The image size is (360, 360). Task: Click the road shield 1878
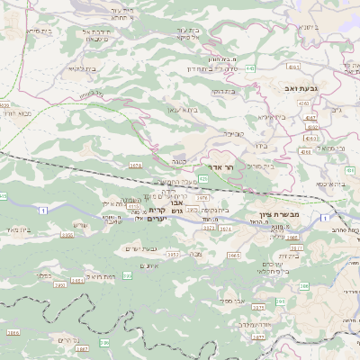point(136,166)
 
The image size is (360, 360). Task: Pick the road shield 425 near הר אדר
point(203,179)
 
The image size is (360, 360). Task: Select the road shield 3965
point(233,256)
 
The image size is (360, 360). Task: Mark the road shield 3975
point(202,197)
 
